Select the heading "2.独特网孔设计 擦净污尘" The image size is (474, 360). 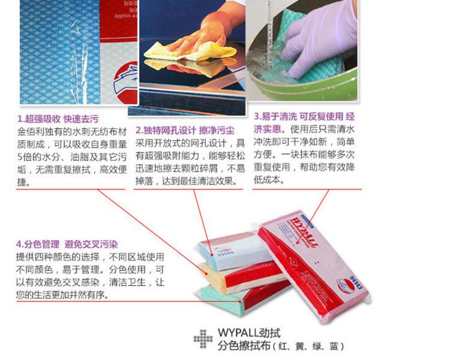click(185, 130)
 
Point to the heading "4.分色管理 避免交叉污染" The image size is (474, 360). click(67, 244)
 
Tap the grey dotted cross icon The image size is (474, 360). click(203, 339)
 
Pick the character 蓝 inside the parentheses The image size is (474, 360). click(334, 347)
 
